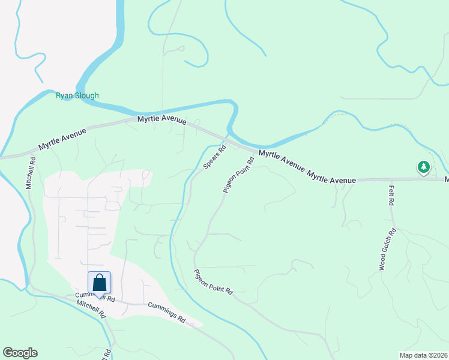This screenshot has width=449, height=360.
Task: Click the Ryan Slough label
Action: tap(77, 95)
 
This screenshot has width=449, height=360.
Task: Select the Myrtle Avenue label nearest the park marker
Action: tap(331, 176)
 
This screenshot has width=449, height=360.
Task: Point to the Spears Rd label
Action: tap(214, 157)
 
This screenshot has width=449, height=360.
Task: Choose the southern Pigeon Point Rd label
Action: tap(213, 281)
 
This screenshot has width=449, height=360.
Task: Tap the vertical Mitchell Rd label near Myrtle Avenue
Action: tap(29, 173)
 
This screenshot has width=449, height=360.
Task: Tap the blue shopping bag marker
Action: tap(100, 283)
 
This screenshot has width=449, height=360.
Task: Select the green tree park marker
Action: tap(424, 167)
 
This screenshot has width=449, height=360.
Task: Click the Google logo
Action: tap(20, 353)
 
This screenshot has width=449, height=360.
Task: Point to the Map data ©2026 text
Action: tap(423, 355)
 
